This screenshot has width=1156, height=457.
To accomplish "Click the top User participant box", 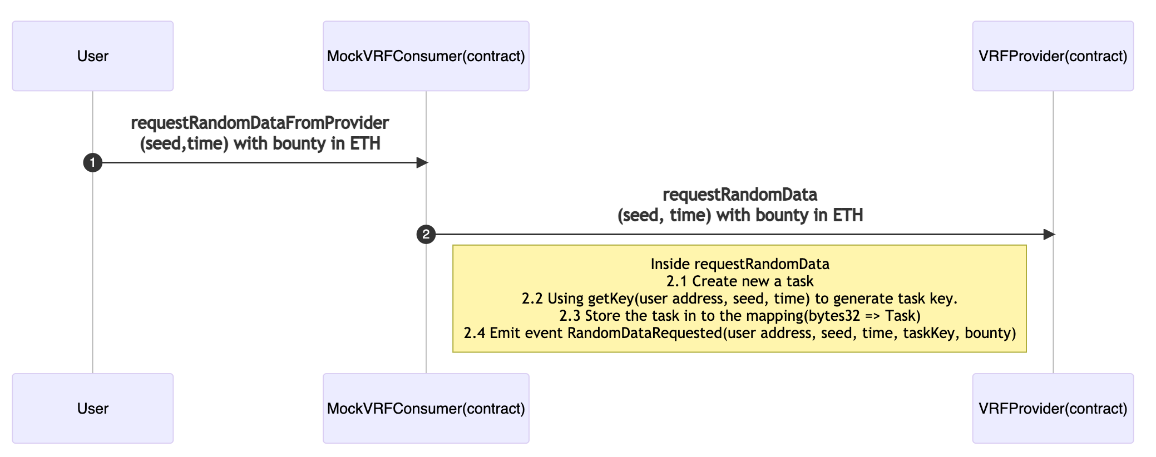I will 92,56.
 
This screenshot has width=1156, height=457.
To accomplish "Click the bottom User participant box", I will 92,408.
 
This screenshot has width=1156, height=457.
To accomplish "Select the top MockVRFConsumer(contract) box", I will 426,56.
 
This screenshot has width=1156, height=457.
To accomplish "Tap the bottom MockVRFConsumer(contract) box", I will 426,408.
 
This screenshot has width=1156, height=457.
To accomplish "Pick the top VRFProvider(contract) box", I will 1053,56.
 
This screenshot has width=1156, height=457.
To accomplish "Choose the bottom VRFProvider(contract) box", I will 1053,408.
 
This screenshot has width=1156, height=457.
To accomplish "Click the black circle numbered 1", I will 92,163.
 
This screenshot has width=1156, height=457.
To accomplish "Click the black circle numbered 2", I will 426,235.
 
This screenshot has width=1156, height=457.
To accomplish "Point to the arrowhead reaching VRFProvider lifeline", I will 1049,235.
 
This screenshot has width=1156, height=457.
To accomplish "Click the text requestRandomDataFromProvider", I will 260,123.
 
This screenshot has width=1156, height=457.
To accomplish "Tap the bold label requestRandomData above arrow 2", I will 739,195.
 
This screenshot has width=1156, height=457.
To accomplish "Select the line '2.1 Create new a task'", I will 739,281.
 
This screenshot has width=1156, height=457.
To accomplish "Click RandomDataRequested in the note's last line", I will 644,333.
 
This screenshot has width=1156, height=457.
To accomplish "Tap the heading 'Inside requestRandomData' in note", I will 739,264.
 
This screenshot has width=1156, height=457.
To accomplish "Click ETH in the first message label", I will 365,143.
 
